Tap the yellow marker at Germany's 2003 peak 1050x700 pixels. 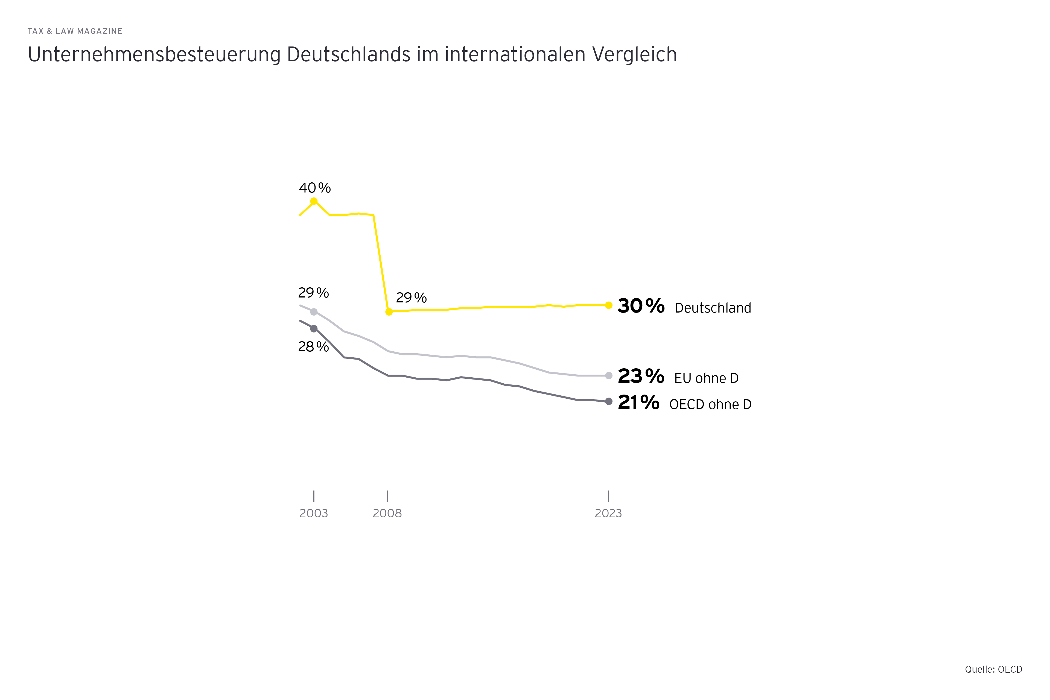(314, 201)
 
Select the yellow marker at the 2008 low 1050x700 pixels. (389, 312)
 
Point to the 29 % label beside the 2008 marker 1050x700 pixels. (411, 298)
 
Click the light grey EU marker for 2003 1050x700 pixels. (314, 312)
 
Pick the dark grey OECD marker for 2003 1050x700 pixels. (314, 329)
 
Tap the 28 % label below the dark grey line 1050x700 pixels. (313, 347)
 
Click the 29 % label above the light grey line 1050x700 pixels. (313, 293)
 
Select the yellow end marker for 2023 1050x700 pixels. (608, 305)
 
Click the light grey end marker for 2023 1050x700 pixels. (608, 375)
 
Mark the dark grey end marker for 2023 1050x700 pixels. (608, 401)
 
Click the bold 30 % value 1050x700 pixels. (641, 306)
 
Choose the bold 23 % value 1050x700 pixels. (641, 376)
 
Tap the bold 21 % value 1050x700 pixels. (638, 403)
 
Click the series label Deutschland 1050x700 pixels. (713, 308)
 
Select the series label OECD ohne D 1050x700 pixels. (710, 404)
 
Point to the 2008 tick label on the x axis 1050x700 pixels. (387, 514)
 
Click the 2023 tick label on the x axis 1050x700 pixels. (608, 514)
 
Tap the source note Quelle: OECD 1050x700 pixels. (993, 670)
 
